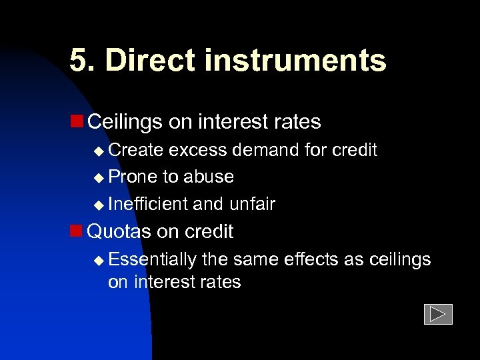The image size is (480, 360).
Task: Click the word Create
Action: tap(136, 150)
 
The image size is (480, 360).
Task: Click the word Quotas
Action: tap(120, 231)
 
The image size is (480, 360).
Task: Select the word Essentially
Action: tap(152, 259)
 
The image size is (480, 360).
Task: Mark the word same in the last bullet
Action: tap(256, 259)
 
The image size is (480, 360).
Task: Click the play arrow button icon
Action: tap(438, 314)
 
